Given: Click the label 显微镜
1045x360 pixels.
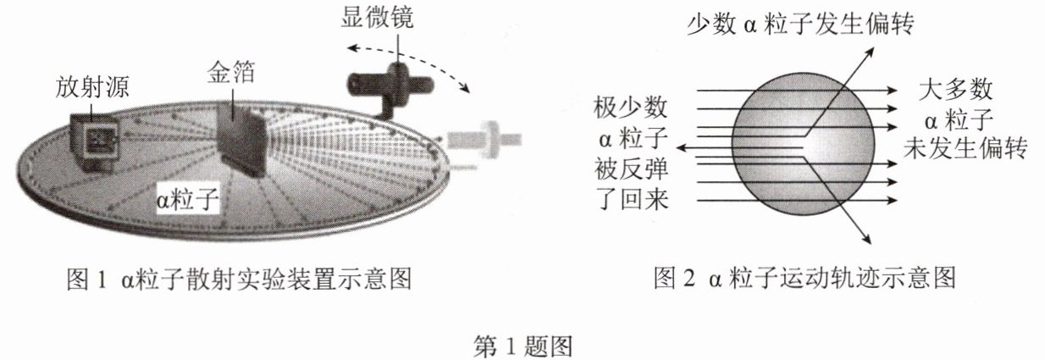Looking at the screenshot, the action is [378, 18].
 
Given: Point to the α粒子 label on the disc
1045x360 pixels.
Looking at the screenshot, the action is [188, 201].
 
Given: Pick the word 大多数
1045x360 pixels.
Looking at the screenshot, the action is [956, 89].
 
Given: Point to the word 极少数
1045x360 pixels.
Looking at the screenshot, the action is [630, 108].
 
